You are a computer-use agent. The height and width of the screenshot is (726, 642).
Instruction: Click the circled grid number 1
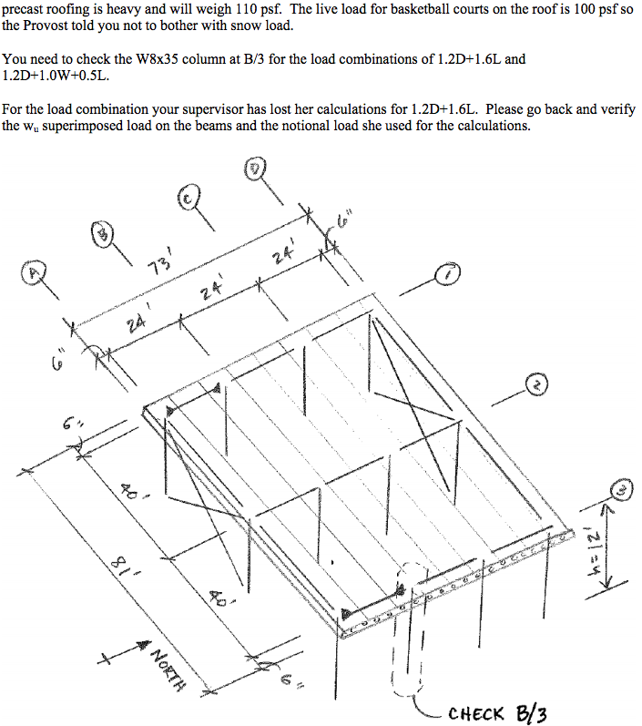click(448, 272)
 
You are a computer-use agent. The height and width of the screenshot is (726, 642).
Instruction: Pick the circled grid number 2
click(537, 386)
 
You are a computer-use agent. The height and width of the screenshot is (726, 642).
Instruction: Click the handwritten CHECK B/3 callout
click(495, 712)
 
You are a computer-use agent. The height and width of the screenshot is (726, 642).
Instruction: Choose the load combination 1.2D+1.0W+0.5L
click(56, 77)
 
